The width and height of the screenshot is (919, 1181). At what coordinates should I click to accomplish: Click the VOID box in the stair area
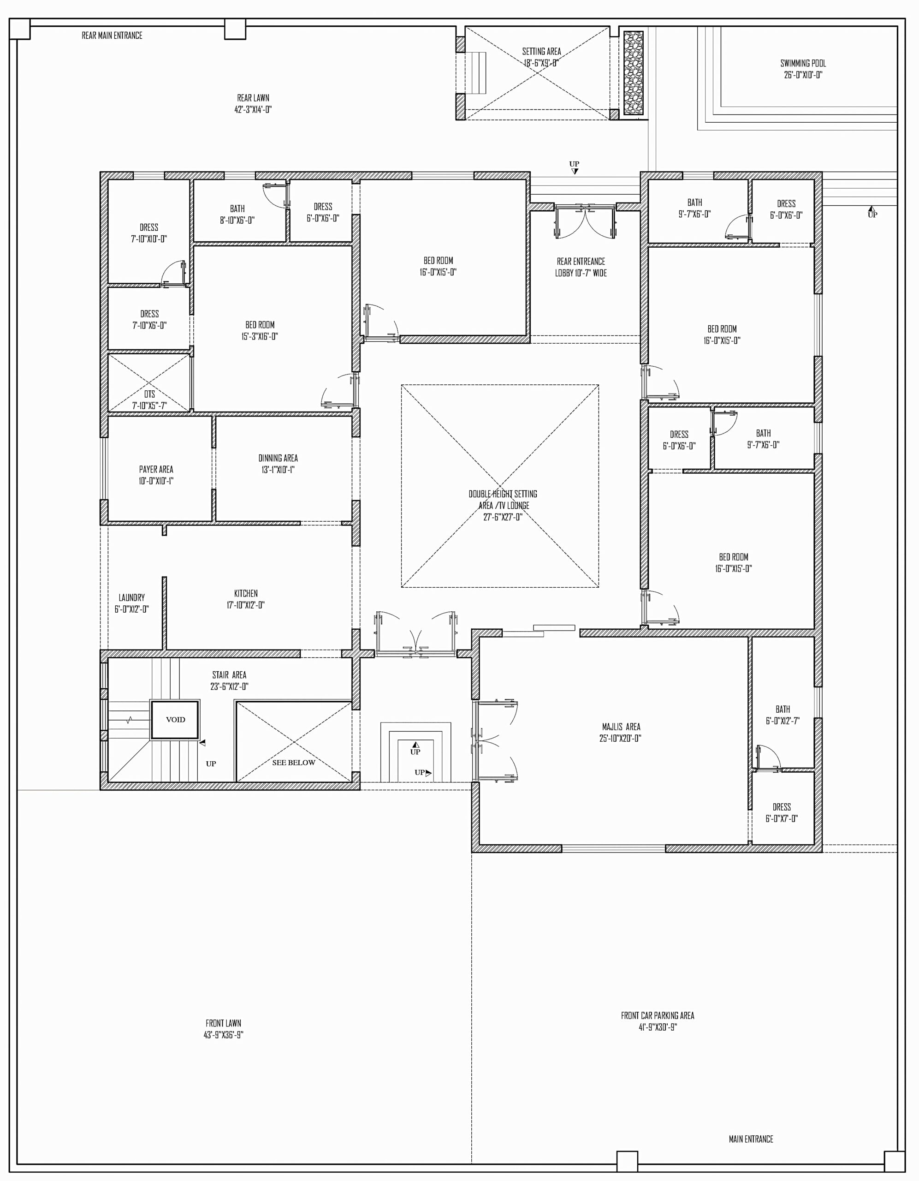coord(175,720)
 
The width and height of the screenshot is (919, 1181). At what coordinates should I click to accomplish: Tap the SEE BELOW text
coord(294,763)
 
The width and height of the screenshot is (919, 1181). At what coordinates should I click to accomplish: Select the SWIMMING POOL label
coord(803,63)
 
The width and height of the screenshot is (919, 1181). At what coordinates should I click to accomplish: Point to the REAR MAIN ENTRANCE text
coord(112,36)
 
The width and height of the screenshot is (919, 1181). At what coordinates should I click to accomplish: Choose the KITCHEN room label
coord(245,593)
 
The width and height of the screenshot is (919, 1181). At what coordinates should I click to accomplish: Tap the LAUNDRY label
coord(131,597)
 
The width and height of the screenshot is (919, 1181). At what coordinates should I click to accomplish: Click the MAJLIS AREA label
coord(621,727)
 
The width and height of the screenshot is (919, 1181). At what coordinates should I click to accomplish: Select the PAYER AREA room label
coord(156,469)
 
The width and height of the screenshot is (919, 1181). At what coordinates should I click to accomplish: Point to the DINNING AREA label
coord(278,458)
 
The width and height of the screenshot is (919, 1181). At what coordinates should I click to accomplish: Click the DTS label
coord(149,394)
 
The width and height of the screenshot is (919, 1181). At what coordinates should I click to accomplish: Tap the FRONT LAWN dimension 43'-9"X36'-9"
coord(223,1034)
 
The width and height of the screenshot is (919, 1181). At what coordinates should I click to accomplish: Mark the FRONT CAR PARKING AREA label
coord(658,1015)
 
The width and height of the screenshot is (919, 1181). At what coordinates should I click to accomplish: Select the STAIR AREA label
coord(229,675)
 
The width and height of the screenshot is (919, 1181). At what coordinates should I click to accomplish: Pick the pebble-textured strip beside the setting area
coord(633,72)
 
